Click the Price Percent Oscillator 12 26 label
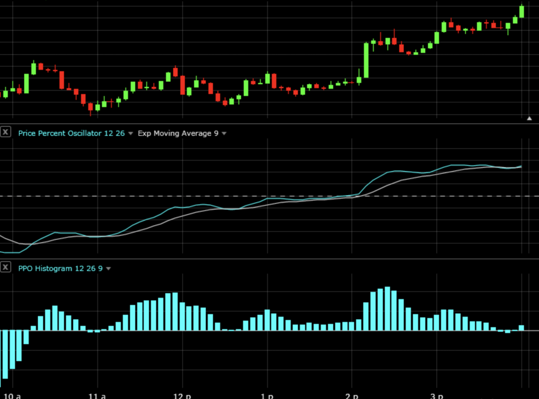71,133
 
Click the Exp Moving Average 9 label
178,133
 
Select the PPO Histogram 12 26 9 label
60,268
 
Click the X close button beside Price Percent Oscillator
5,132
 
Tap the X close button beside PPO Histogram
5,267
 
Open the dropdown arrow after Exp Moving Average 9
224,134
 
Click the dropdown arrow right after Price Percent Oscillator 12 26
131,134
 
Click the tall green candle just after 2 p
366,60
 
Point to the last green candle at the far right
522,12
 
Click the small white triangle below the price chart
530,119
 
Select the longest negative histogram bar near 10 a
5,354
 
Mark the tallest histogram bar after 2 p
387,308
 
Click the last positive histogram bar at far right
521,328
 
